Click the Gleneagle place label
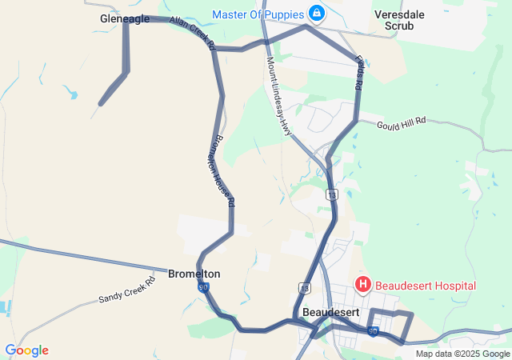[x=125, y=18]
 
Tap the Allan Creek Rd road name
[x=193, y=34]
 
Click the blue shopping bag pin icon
[x=318, y=14]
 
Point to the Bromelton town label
[x=194, y=274]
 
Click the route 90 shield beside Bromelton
[x=204, y=286]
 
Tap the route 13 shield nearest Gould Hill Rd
[x=332, y=194]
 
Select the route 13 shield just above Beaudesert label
[x=304, y=287]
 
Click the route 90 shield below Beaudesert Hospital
[x=373, y=330]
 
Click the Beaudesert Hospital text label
[x=425, y=286]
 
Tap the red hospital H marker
[x=363, y=284]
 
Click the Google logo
[x=26, y=350]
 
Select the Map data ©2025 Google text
[x=462, y=354]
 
